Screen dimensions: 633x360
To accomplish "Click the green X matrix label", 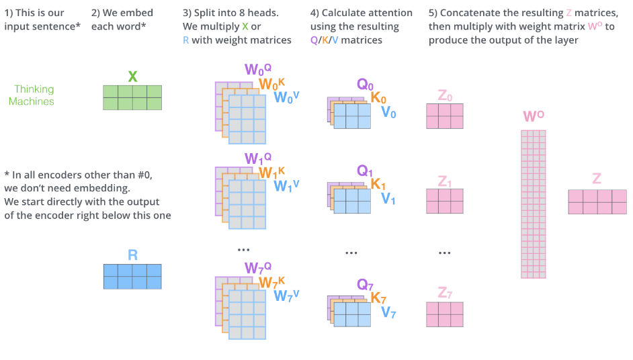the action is click(132, 77).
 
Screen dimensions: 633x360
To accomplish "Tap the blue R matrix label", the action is click(132, 255).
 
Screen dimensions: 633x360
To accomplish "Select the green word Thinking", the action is click(34, 89).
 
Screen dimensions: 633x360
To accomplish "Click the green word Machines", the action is click(32, 101).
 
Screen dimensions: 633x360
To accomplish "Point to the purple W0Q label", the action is click(258, 69).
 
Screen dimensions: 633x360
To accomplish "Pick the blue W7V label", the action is click(286, 296).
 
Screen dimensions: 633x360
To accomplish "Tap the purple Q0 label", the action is click(365, 85).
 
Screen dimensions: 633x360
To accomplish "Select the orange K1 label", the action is click(378, 184).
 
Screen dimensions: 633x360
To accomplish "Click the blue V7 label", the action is click(388, 312).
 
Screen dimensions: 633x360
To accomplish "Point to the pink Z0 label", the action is click(445, 95).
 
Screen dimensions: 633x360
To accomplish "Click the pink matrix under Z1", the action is click(445, 201).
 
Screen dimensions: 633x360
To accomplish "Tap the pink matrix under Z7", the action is click(445, 314).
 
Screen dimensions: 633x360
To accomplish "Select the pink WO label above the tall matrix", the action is click(534, 116).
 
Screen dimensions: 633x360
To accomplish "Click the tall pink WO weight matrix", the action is click(534, 204).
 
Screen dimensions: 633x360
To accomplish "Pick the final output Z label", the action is click(597, 179).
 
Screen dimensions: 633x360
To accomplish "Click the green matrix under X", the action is click(132, 97).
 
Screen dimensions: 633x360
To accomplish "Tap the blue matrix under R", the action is click(132, 277).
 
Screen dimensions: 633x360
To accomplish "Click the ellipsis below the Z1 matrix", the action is click(444, 253).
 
